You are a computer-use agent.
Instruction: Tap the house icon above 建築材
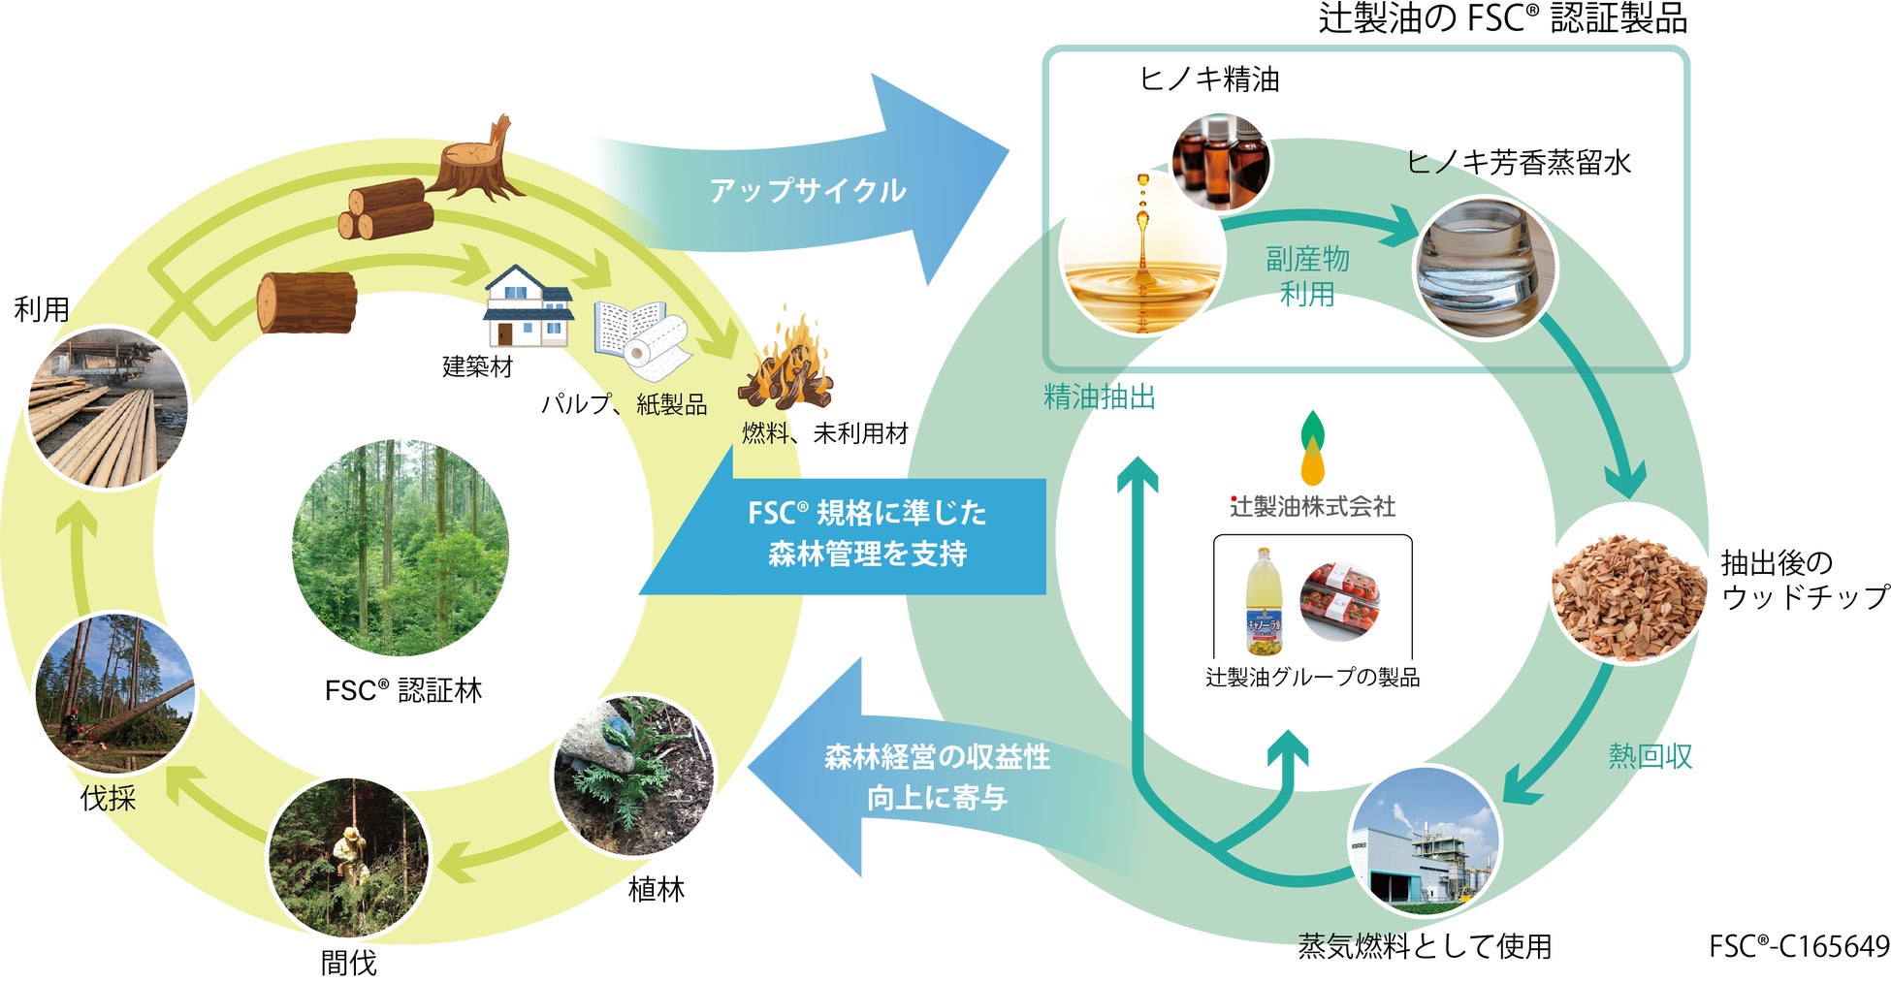tap(528, 305)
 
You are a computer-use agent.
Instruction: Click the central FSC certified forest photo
tap(401, 548)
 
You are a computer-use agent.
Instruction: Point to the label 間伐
tap(348, 963)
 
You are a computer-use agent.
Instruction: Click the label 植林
tap(657, 889)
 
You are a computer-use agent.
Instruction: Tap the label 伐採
tap(108, 798)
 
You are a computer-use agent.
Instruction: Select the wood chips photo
tap(1628, 586)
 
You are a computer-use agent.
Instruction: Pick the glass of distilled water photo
tap(1484, 269)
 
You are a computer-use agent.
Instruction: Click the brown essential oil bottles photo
tap(1221, 162)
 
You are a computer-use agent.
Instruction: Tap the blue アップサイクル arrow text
tap(808, 190)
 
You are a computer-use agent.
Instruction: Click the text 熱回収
tap(1651, 755)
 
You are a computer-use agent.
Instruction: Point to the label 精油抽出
tap(1100, 396)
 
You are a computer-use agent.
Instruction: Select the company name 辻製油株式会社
tap(1312, 506)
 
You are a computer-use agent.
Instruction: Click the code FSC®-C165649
tap(1799, 945)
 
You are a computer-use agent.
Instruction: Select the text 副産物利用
tap(1307, 276)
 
